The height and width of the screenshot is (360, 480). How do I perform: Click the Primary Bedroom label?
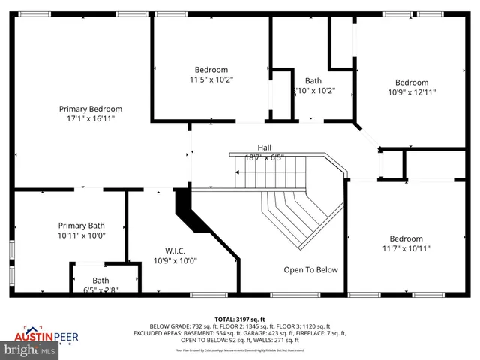point(90,109)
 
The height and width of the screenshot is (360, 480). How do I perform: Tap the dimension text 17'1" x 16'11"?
point(90,118)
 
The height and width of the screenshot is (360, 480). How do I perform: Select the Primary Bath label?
point(82,225)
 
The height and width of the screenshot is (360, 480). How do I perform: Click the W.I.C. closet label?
point(175,250)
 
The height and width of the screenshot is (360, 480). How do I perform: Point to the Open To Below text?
point(310,269)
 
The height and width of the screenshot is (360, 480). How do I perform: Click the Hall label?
point(264,148)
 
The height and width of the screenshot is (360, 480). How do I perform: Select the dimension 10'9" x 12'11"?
point(412,92)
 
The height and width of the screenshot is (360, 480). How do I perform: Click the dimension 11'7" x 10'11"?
point(406,248)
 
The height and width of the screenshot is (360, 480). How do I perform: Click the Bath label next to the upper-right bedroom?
point(313,81)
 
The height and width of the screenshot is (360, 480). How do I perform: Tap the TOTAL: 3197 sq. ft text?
point(240,318)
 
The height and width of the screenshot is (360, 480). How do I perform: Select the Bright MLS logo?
point(30,349)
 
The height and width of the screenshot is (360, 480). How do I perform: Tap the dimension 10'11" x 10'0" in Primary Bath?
point(82,235)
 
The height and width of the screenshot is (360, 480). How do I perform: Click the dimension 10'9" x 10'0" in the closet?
point(175,261)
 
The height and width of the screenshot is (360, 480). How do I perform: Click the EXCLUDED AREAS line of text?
point(240,333)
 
